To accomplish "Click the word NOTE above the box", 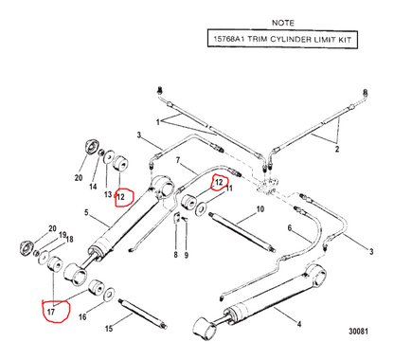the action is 283,23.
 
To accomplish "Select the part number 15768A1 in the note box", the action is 228,39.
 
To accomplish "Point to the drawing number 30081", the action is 358,332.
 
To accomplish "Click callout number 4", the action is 299,324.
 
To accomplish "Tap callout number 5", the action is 86,212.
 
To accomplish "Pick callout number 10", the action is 260,209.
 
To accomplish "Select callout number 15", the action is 109,329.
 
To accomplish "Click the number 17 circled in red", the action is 51,312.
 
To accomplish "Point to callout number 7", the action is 178,161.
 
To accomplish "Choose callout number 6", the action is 290,227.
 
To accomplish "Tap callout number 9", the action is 187,255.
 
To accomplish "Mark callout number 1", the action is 158,122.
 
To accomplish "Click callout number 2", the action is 337,149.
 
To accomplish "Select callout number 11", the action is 229,189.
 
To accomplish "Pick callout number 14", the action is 93,187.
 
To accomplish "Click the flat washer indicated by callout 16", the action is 109,294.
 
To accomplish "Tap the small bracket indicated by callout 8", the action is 177,219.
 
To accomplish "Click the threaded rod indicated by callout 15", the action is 144,314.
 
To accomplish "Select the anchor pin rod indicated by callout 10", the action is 242,232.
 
